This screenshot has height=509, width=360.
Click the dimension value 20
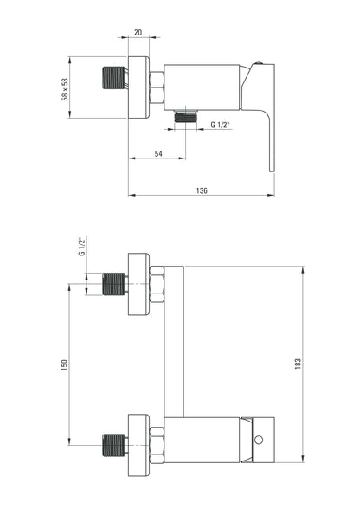[138, 33]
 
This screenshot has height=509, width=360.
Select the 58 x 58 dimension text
[65, 89]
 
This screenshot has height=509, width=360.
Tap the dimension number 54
[158, 153]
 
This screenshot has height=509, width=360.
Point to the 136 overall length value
[202, 190]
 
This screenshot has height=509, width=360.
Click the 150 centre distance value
[65, 365]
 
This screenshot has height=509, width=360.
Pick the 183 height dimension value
[298, 364]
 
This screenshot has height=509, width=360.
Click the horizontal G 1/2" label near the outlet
[220, 125]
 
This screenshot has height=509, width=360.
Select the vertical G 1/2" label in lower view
[82, 247]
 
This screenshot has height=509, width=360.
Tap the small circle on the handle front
[259, 440]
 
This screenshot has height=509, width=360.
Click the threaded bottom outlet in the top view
[186, 116]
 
